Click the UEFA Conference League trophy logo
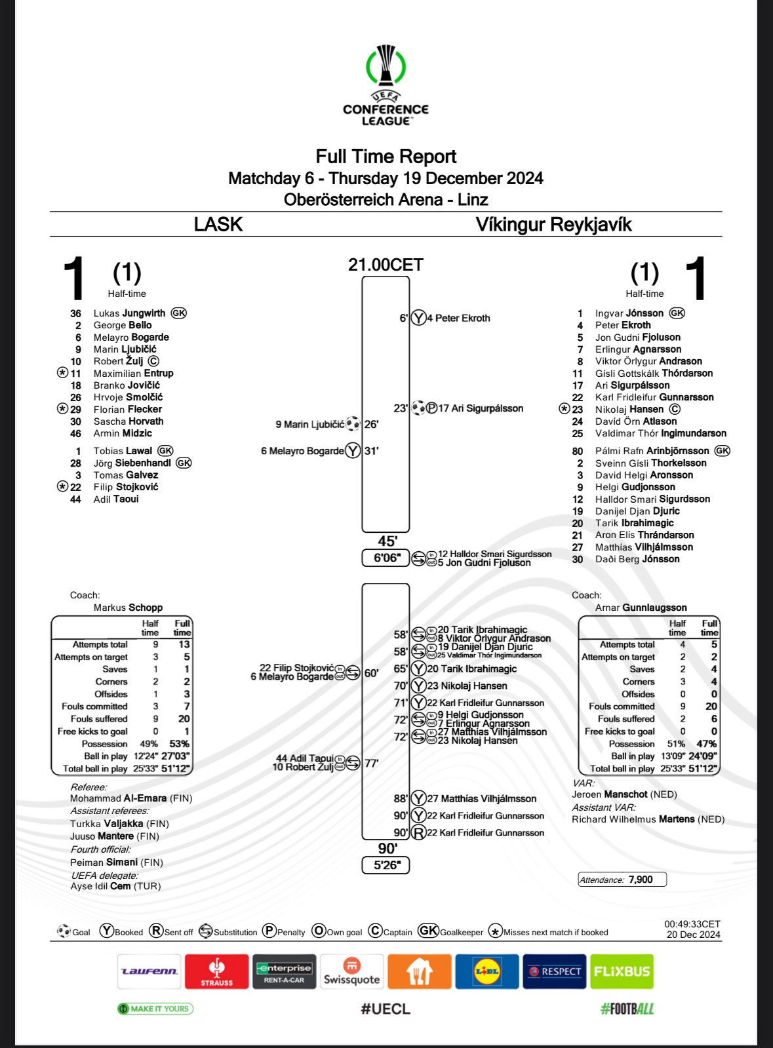click(386, 66)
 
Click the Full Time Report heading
click(386, 157)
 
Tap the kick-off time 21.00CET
click(386, 265)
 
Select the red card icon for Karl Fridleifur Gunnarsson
click(418, 833)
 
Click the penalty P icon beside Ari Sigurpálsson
click(431, 408)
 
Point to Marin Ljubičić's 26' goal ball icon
click(353, 424)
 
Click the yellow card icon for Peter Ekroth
click(418, 319)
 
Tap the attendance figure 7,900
click(640, 880)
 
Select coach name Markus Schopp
click(128, 608)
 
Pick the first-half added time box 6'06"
click(386, 558)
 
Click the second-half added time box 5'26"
click(386, 865)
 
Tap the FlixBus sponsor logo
click(622, 971)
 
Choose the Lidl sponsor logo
click(486, 971)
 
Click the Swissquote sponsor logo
click(351, 971)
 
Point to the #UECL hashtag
click(386, 1009)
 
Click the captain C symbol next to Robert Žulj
click(153, 361)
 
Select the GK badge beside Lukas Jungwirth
click(178, 313)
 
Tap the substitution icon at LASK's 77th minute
click(353, 763)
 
